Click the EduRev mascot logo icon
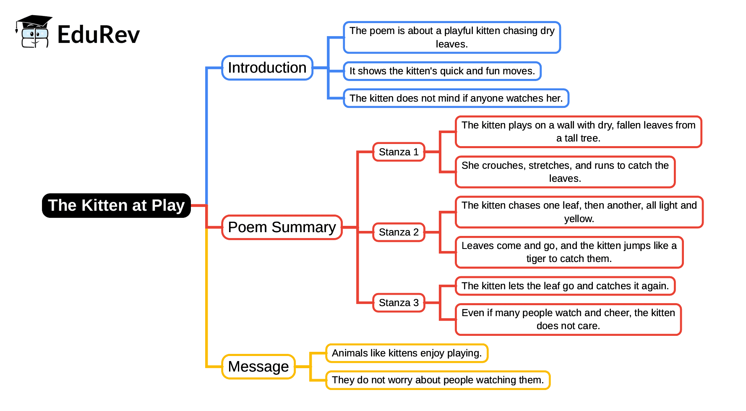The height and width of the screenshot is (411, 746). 34,32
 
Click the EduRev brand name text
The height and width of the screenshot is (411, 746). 98,34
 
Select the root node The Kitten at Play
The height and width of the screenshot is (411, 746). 116,206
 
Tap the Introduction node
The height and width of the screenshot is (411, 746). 267,68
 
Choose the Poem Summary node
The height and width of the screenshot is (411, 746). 282,227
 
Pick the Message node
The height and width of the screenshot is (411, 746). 258,366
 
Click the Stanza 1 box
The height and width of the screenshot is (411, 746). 399,152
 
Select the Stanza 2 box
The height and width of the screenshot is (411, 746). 399,232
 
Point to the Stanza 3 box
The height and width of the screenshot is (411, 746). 399,303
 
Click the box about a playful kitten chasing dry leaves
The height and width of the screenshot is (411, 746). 452,37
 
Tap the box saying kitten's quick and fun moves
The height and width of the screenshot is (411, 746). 442,71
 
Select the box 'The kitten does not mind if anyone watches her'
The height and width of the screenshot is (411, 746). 456,98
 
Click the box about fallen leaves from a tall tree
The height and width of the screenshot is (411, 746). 578,131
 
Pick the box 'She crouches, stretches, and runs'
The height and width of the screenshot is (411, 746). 565,172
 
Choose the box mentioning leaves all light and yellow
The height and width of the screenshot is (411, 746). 579,212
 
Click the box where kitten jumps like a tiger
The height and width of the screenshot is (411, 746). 569,252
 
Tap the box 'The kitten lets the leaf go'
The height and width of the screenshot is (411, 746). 565,286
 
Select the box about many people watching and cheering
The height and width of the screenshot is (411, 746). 568,319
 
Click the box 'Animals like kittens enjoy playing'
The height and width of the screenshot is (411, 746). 407,353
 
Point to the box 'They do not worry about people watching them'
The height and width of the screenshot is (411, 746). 438,380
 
